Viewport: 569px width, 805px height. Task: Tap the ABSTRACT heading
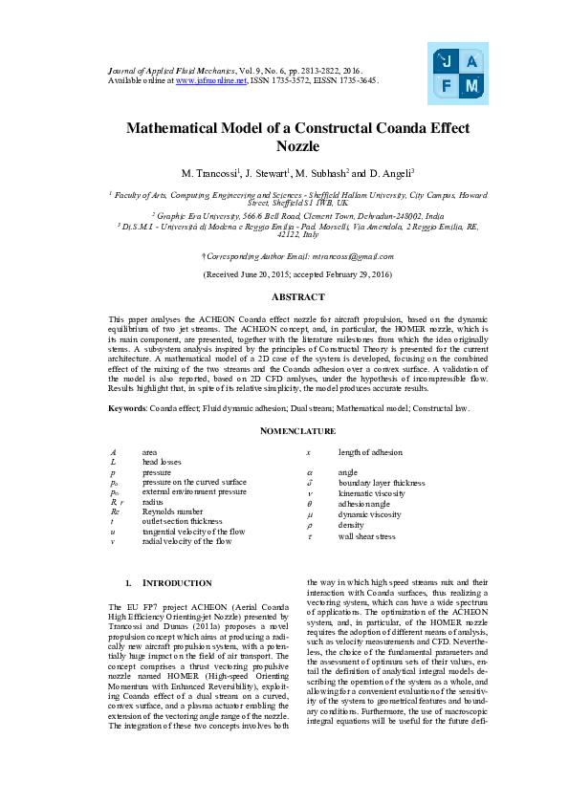[284, 297]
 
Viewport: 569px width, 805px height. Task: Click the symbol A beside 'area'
[113, 451]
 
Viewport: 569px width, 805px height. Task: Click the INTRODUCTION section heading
[177, 582]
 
